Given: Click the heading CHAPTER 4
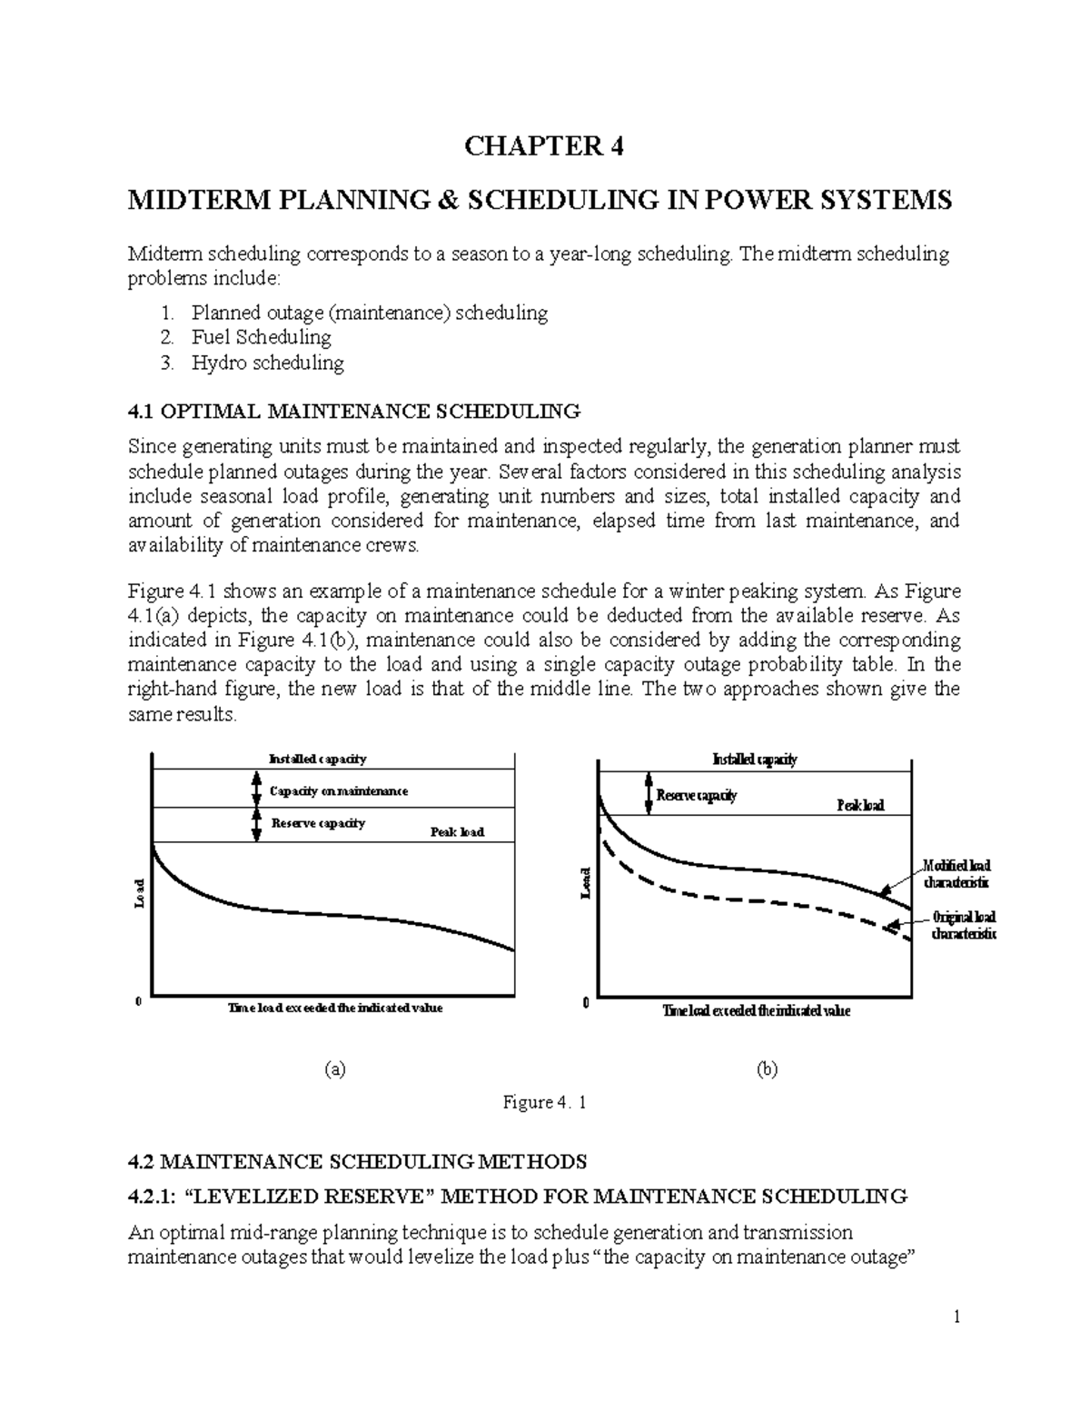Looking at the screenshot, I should pyautogui.click(x=544, y=146).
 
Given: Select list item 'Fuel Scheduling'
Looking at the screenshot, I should pyautogui.click(x=261, y=338).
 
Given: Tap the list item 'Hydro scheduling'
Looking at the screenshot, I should pyautogui.click(x=267, y=363).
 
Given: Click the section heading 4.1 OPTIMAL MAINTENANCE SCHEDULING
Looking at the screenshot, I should pyautogui.click(x=353, y=412).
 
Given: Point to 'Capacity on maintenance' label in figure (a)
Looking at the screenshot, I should pyautogui.click(x=339, y=791).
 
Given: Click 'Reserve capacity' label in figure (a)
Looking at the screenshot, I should pyautogui.click(x=318, y=823).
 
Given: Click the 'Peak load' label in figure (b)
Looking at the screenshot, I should pyautogui.click(x=859, y=806).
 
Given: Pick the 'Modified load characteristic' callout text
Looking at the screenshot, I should pyautogui.click(x=956, y=874).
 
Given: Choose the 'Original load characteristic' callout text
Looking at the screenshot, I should pyautogui.click(x=963, y=926).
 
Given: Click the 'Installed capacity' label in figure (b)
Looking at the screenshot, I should pyautogui.click(x=755, y=760).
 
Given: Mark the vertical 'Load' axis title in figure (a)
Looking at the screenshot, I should pyautogui.click(x=139, y=893).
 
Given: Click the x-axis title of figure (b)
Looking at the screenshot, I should pyautogui.click(x=756, y=1011).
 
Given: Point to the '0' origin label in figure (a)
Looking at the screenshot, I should pyautogui.click(x=138, y=1001).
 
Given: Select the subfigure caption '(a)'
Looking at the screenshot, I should pyautogui.click(x=335, y=1069).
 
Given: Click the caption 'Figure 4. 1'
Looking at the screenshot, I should pyautogui.click(x=545, y=1102).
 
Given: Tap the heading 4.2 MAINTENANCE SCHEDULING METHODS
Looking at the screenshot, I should pyautogui.click(x=358, y=1161).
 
